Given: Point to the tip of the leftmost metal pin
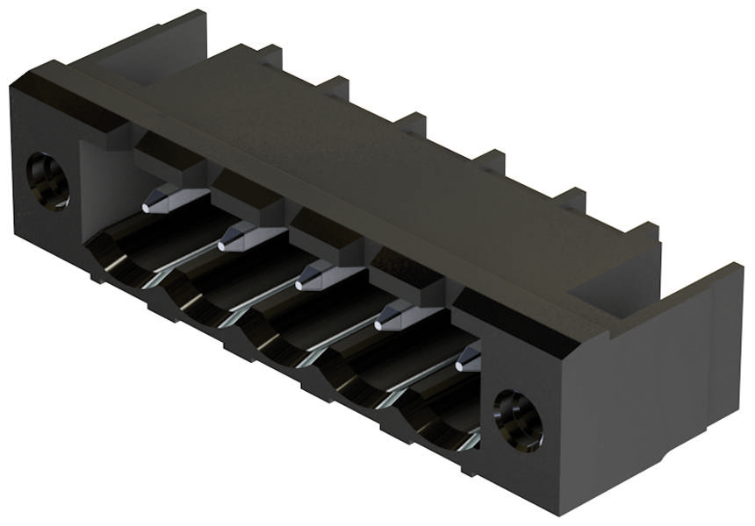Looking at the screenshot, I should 147,207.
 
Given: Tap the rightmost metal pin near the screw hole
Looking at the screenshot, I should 469,358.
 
